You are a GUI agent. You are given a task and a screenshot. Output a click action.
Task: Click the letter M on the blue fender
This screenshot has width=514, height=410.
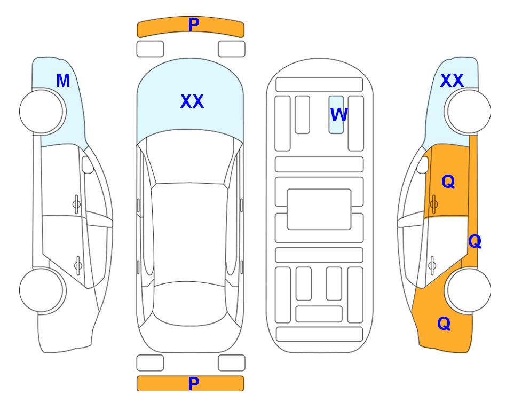[x=64, y=81]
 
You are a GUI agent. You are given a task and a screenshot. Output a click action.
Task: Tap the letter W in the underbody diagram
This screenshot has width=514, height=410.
[x=339, y=115]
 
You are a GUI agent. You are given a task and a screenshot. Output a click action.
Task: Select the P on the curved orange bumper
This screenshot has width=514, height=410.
[x=194, y=25]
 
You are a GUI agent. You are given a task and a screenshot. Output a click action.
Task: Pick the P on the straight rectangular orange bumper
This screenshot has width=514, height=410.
[x=194, y=383]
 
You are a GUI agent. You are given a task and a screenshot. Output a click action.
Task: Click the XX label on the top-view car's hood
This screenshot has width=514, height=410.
[x=192, y=101]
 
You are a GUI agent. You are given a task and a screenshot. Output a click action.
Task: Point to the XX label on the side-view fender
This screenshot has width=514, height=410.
[x=452, y=81]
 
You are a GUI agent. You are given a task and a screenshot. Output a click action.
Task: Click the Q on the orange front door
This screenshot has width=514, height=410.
[x=448, y=182]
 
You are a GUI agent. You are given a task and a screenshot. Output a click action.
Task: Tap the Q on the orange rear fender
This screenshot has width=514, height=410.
[x=444, y=324]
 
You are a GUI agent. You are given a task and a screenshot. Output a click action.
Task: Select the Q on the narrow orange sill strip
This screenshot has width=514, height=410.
[x=475, y=242]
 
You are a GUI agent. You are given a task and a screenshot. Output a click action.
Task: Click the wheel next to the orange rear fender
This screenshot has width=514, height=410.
[x=468, y=290]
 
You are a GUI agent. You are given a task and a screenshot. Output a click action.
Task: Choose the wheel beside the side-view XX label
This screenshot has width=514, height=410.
[x=468, y=112]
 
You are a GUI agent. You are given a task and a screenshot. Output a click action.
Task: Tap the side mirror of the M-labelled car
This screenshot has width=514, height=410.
[x=88, y=164]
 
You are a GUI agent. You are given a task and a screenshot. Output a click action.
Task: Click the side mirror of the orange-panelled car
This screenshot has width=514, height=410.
[x=423, y=164]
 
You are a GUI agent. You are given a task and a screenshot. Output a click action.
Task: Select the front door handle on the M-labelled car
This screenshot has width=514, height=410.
[x=76, y=204]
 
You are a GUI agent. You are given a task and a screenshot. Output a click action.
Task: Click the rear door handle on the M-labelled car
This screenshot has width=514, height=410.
[x=78, y=265]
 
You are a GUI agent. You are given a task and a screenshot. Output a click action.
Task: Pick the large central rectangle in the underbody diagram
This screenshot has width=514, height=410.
[x=319, y=209]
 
